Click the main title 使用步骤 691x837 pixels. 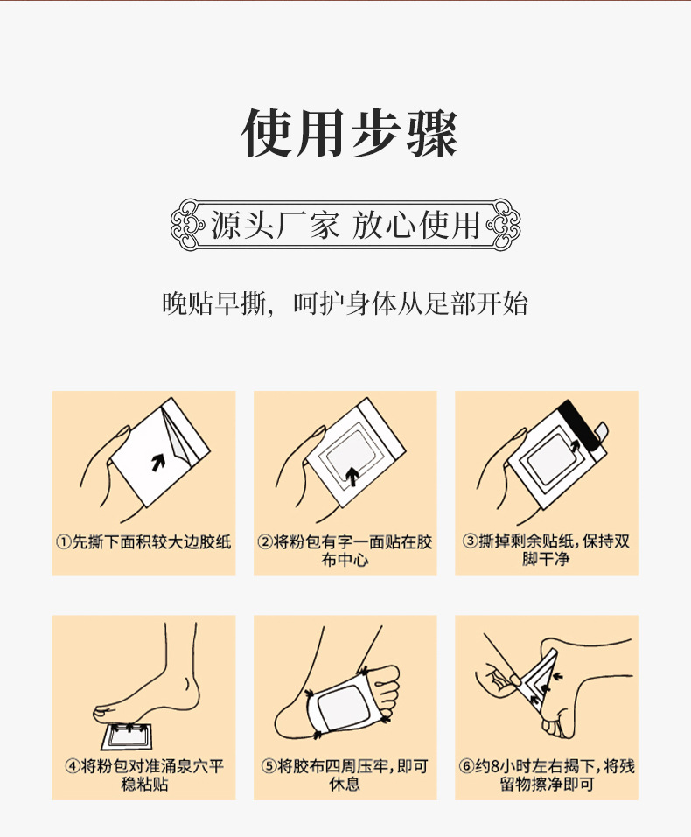pyautogui.click(x=348, y=134)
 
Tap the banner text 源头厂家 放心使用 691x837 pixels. pyautogui.click(x=345, y=225)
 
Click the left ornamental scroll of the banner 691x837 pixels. pyautogui.click(x=186, y=225)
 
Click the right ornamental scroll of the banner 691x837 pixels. pyautogui.click(x=505, y=225)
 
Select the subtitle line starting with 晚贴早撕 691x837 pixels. pyautogui.click(x=345, y=304)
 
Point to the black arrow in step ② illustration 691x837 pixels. pyautogui.click(x=352, y=476)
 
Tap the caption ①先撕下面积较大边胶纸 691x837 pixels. pyautogui.click(x=144, y=541)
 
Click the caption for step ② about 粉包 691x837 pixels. pyautogui.click(x=345, y=549)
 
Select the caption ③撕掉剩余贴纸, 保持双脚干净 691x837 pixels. pyautogui.click(x=547, y=549)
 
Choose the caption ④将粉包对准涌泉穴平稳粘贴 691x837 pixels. pyautogui.click(x=144, y=775)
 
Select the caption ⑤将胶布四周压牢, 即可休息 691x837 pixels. pyautogui.click(x=345, y=775)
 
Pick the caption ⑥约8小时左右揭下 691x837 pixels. pyautogui.click(x=547, y=775)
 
